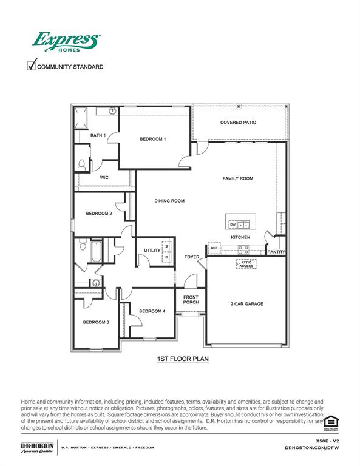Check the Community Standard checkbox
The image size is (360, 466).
32,66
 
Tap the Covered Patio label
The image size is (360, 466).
238,123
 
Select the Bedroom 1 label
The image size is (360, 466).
152,139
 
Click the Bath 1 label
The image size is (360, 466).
98,135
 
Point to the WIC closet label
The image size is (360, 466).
104,177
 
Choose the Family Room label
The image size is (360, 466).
237,178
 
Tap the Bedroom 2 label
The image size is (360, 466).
98,214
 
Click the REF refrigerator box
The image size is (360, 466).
214,248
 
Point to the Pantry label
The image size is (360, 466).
276,252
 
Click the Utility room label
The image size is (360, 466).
152,250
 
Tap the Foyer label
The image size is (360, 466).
192,257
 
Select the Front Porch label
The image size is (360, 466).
191,299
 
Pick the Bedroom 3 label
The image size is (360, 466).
96,322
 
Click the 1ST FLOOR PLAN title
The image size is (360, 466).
183,359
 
